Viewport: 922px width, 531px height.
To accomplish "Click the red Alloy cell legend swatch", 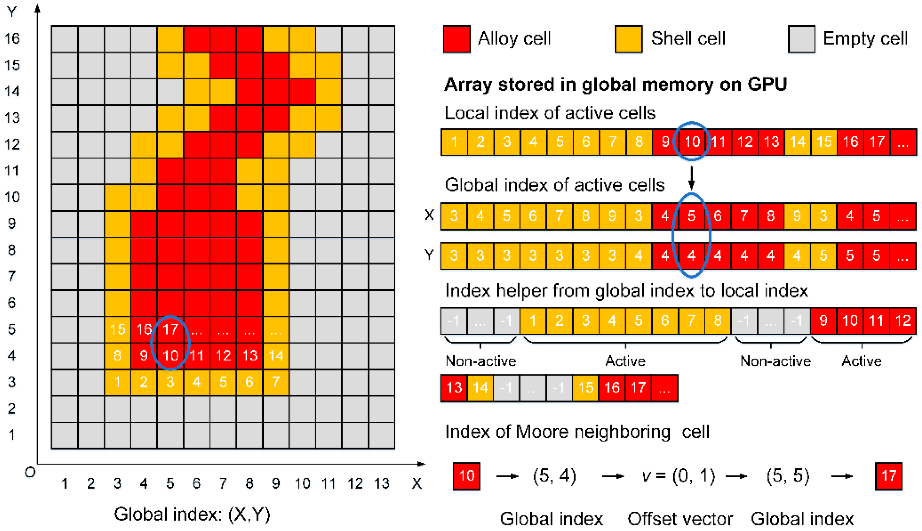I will pyautogui.click(x=456, y=39).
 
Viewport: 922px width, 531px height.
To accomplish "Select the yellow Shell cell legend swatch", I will pyautogui.click(x=628, y=39).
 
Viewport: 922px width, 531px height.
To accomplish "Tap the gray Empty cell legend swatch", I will pyautogui.click(x=801, y=39).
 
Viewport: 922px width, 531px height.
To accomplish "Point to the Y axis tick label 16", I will pyautogui.click(x=12, y=38).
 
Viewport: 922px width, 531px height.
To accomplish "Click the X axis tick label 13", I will pyautogui.click(x=382, y=484).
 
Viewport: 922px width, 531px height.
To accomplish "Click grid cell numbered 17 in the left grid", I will pyautogui.click(x=170, y=329).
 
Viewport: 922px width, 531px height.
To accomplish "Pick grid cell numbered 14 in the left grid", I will pyautogui.click(x=276, y=356).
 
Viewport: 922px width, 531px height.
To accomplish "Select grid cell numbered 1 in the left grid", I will pyautogui.click(x=117, y=382).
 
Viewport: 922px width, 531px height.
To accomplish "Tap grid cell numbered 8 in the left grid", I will pyautogui.click(x=117, y=356).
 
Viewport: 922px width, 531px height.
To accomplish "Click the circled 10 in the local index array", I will pyautogui.click(x=692, y=142).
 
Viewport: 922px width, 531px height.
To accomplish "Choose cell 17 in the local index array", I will pyautogui.click(x=877, y=142).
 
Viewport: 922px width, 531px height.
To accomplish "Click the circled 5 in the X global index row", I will pyautogui.click(x=691, y=216).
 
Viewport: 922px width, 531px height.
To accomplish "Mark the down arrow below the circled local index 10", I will pyautogui.click(x=691, y=178).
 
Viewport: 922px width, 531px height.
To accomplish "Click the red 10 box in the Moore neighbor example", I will pyautogui.click(x=466, y=476).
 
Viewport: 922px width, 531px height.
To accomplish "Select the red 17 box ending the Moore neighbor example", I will pyautogui.click(x=888, y=476).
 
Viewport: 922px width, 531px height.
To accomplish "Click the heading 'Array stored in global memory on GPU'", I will pyautogui.click(x=615, y=84).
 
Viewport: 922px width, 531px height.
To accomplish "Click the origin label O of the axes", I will pyautogui.click(x=30, y=473).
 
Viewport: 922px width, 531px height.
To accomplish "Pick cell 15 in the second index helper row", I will pyautogui.click(x=585, y=388).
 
